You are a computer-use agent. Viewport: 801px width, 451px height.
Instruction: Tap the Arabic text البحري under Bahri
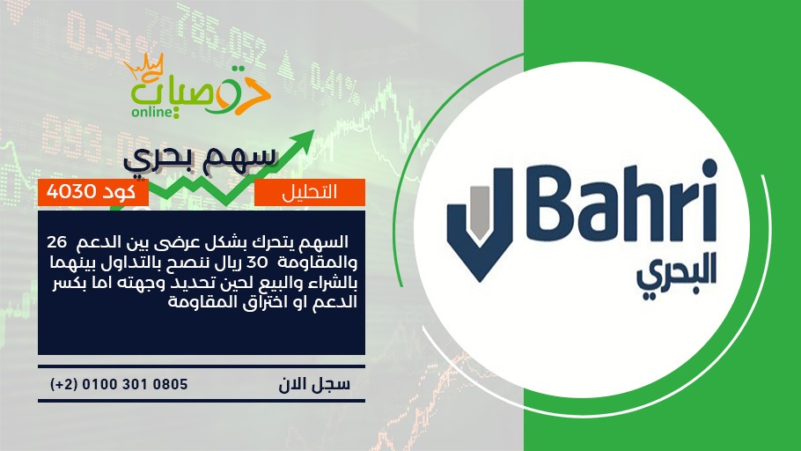coord(676,274)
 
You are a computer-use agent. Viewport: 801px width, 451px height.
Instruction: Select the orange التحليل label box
coord(310,192)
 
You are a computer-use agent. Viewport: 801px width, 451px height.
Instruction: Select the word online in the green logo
coord(152,112)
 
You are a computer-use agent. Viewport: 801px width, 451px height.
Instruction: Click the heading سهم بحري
coord(201,158)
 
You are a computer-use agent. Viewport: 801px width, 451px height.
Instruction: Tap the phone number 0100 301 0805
coord(135,384)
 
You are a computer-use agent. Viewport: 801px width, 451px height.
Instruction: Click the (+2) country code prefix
coord(63,384)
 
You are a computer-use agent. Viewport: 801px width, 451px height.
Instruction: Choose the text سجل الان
coord(314,384)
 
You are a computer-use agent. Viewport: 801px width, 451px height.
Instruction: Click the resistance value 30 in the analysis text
coord(257,262)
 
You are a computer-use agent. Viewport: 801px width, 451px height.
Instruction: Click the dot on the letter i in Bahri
coord(709,167)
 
